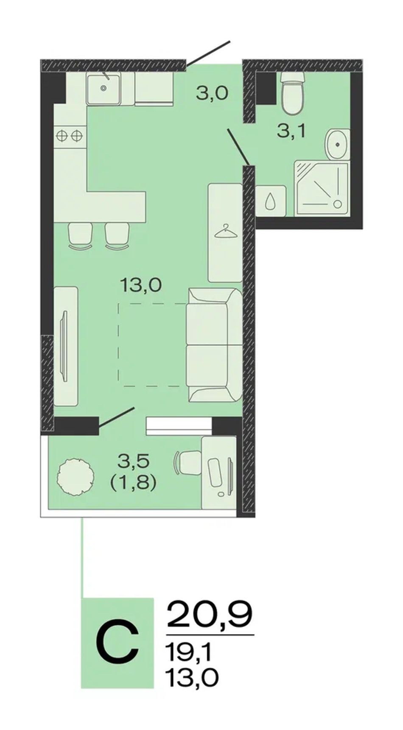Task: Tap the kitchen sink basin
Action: pos(104,88)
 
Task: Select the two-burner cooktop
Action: pos(69,135)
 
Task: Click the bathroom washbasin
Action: pos(338,144)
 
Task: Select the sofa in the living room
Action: pos(214,344)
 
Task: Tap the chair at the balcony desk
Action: pos(187,463)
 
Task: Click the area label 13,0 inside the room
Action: pos(141,285)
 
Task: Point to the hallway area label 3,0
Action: pos(212,92)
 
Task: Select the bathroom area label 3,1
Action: pos(291,131)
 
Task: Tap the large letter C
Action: pos(117,643)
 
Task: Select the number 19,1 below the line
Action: pos(188,653)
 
